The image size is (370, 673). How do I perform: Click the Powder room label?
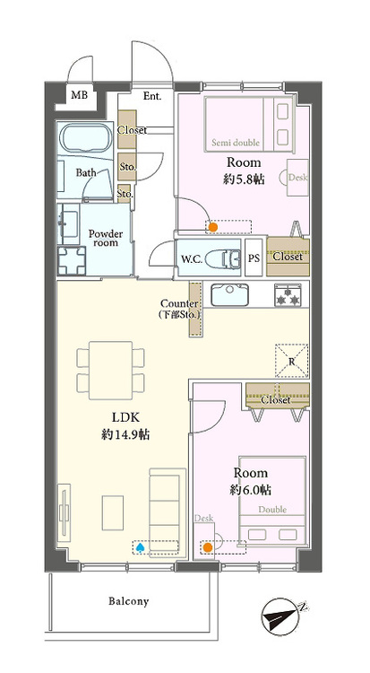[106, 239]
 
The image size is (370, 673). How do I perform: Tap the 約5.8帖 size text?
[244, 178]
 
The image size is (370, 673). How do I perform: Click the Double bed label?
[274, 509]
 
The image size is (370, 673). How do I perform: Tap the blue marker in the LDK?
[139, 545]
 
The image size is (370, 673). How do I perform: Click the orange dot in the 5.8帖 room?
[212, 227]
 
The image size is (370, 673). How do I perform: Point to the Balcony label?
[129, 601]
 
